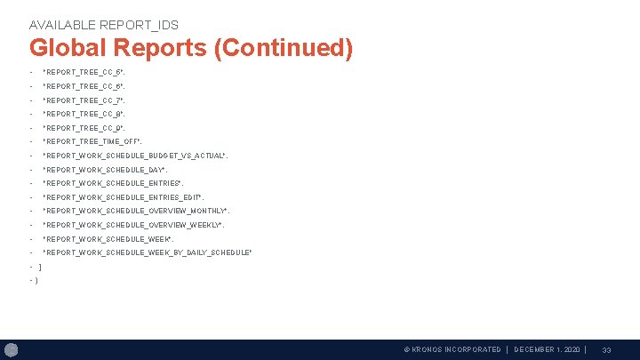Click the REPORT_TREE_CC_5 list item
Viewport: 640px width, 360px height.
tap(84, 72)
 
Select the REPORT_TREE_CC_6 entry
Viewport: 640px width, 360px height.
tap(84, 86)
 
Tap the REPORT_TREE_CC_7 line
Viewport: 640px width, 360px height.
tap(84, 100)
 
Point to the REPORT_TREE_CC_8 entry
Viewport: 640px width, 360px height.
tap(84, 115)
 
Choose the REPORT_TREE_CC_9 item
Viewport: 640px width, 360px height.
tap(84, 128)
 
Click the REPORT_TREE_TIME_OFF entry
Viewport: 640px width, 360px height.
tap(92, 141)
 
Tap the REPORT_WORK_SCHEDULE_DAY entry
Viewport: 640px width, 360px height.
tap(105, 170)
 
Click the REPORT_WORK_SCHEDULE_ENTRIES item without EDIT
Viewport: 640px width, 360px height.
tap(113, 183)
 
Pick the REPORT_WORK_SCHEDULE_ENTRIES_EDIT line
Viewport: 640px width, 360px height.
tap(123, 197)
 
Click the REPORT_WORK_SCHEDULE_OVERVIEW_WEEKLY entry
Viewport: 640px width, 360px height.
tap(133, 225)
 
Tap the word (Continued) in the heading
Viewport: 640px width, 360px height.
tap(284, 48)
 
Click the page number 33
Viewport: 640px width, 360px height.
tap(606, 350)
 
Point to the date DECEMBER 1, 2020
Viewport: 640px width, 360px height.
tap(547, 350)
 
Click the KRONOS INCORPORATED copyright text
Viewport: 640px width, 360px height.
tap(452, 350)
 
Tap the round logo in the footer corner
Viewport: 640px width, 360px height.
tap(12, 350)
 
